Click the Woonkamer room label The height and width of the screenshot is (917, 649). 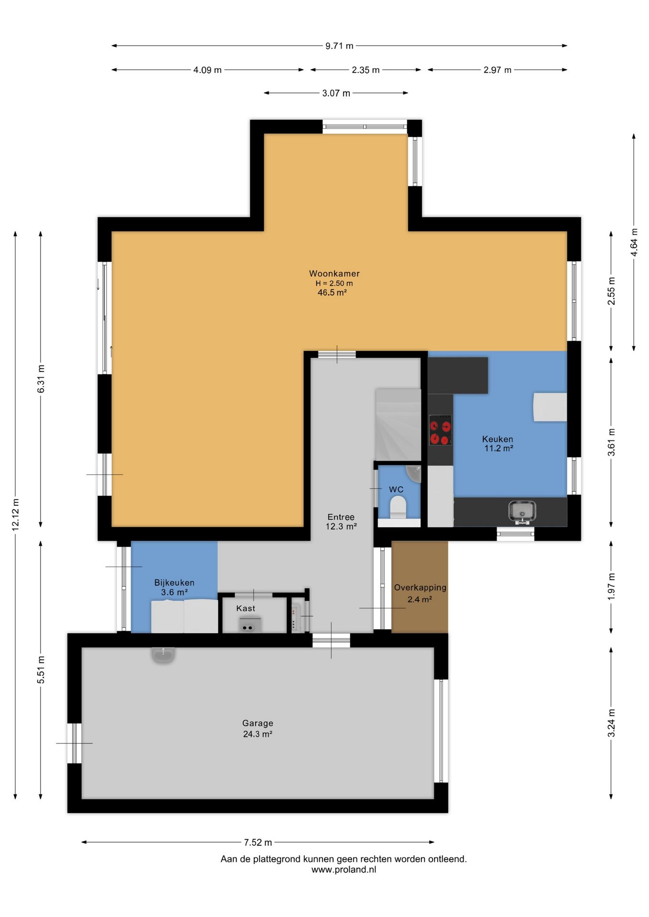tap(334, 274)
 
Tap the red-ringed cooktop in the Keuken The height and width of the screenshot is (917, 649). tap(440, 430)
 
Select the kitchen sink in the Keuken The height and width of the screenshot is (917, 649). tap(522, 512)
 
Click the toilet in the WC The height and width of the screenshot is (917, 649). tap(398, 507)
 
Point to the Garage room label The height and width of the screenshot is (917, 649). tap(258, 723)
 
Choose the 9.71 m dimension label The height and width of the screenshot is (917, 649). tap(339, 46)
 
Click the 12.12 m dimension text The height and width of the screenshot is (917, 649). tap(16, 514)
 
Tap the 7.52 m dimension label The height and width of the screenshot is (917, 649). tap(258, 842)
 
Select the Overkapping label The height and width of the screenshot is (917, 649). tap(420, 588)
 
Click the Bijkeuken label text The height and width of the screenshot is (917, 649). tap(174, 583)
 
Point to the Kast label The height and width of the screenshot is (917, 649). tap(246, 608)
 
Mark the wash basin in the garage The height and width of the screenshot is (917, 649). tap(163, 654)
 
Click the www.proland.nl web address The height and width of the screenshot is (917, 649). tap(344, 870)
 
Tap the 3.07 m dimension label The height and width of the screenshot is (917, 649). tap(336, 93)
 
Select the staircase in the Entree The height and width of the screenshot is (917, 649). tap(398, 425)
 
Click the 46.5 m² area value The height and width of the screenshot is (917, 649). tap(332, 293)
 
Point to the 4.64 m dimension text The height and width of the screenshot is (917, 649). tap(634, 242)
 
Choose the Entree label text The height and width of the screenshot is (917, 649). tap(341, 517)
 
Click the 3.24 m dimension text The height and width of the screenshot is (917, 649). tap(611, 723)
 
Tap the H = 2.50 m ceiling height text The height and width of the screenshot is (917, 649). tap(334, 283)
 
